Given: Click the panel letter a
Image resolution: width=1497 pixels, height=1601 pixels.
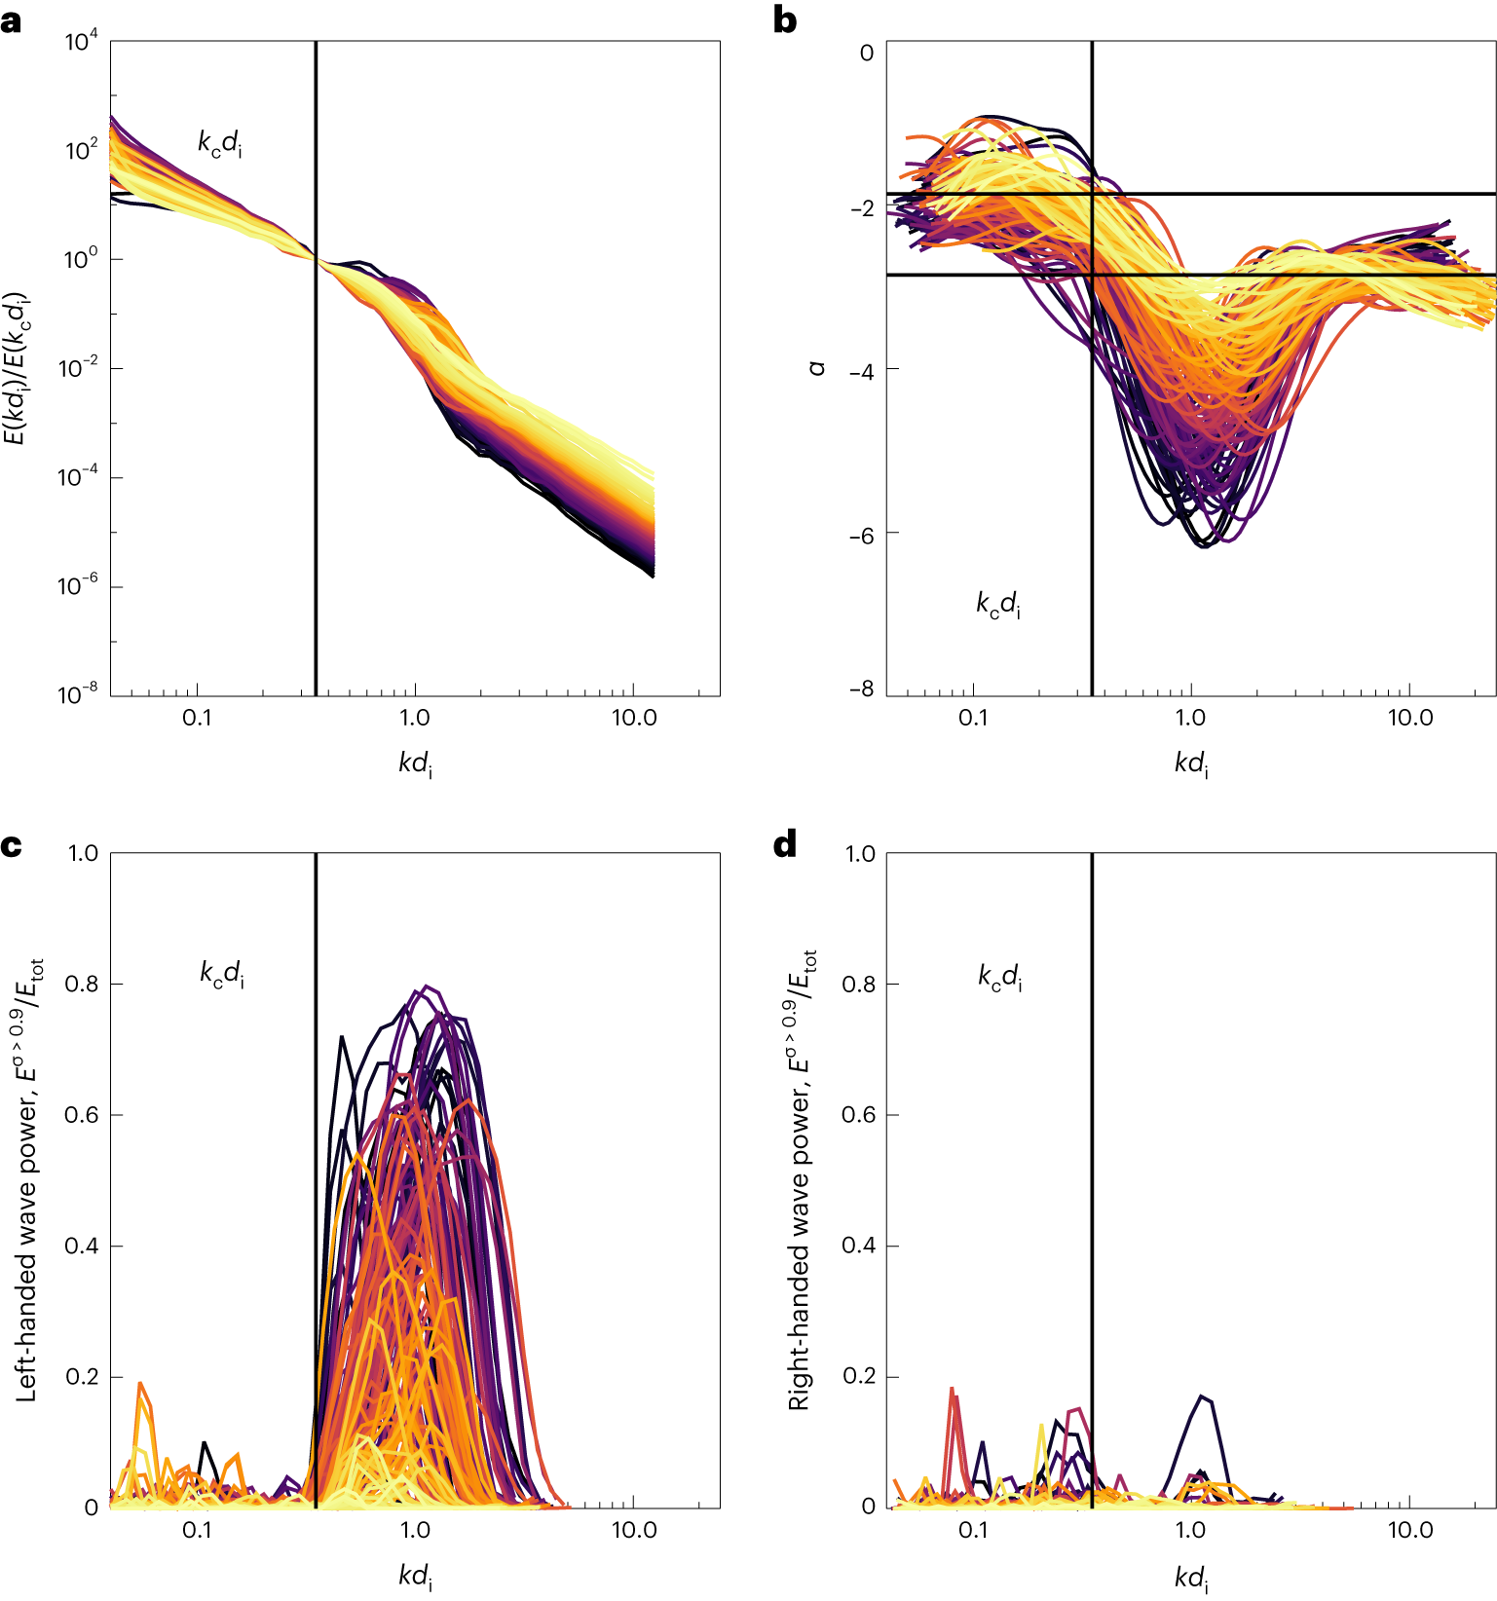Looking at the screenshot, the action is [x=11, y=21].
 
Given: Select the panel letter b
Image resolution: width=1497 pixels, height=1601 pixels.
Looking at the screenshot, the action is [x=785, y=21].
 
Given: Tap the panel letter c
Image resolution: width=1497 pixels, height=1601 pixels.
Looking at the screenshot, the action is [x=11, y=845].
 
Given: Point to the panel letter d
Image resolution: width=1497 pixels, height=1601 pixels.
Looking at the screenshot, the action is [x=785, y=845].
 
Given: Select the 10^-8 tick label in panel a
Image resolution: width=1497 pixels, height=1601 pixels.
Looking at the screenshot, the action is [x=78, y=693].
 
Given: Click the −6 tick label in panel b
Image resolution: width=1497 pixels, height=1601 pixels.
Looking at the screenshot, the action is [x=860, y=535].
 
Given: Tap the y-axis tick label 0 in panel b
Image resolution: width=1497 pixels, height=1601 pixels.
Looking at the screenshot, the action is [x=866, y=54].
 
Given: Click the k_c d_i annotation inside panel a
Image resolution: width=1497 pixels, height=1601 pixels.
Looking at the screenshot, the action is [x=220, y=144].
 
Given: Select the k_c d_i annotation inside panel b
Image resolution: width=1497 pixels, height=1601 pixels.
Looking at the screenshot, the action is [x=998, y=604].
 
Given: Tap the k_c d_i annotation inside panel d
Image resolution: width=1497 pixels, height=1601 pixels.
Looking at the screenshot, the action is [x=1000, y=976].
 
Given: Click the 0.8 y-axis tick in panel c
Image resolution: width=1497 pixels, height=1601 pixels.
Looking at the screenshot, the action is [x=82, y=985].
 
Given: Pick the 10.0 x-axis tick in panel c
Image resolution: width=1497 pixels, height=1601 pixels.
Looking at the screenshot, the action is [x=634, y=1530].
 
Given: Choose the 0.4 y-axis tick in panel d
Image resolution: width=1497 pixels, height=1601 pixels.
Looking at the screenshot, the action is [x=859, y=1247].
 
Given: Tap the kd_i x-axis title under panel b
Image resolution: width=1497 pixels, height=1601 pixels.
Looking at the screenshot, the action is [x=1191, y=763].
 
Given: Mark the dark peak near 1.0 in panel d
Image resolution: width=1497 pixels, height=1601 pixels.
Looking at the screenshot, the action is [x=1205, y=1398].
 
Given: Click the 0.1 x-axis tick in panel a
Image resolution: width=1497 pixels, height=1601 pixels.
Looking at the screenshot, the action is [x=197, y=718].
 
